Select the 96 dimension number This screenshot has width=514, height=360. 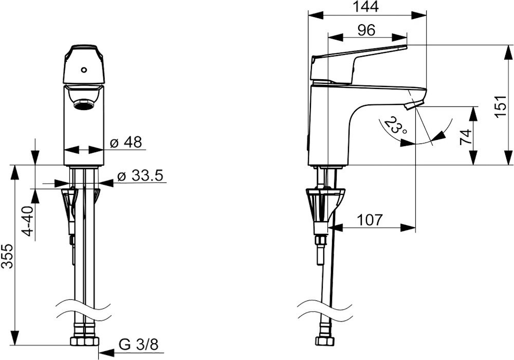point(366,30)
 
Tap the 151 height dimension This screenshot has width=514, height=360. point(502,106)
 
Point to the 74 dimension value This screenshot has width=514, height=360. point(466,136)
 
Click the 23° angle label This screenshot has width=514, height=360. point(395,125)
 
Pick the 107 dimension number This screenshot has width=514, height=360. point(369,220)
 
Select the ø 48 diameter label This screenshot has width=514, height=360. point(126,142)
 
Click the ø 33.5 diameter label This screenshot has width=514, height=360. point(140,176)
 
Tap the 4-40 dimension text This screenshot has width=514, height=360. point(29,221)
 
